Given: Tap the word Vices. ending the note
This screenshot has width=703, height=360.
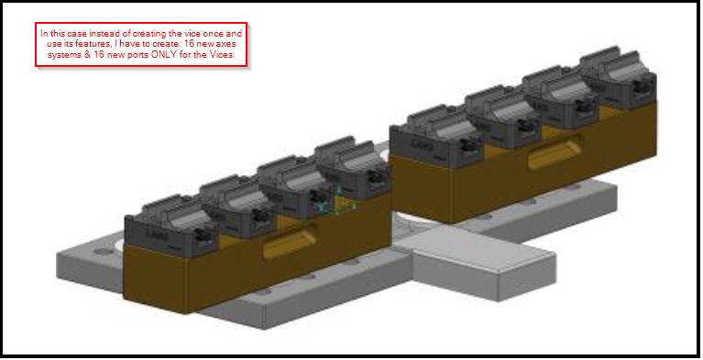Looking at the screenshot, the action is (225, 55).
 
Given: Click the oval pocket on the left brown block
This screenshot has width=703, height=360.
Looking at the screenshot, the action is (290, 242).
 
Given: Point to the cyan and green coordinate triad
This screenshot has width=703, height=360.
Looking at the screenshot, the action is (337, 202).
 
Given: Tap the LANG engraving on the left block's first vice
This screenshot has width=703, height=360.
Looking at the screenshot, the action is (157, 234).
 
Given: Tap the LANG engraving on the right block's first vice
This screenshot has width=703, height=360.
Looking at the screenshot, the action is (422, 146).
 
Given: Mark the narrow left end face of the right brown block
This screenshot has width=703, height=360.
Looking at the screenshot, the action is (422, 189).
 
